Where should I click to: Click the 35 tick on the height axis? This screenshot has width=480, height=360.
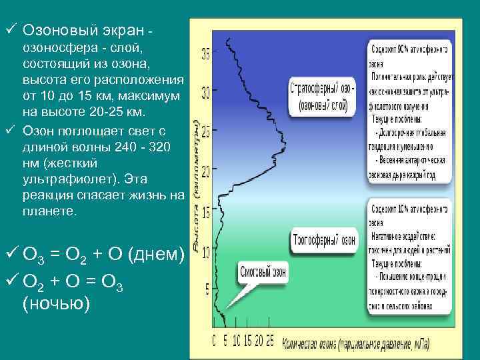click(205, 54)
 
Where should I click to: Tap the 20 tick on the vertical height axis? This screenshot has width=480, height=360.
click(205, 172)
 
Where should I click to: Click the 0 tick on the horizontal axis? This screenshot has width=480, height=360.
click(214, 341)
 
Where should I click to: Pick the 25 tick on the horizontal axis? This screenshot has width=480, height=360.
click(269, 341)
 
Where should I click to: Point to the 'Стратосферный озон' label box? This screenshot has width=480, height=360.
click(323, 95)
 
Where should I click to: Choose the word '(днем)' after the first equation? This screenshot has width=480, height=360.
click(155, 254)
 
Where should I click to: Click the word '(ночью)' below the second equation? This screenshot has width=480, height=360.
click(56, 303)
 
